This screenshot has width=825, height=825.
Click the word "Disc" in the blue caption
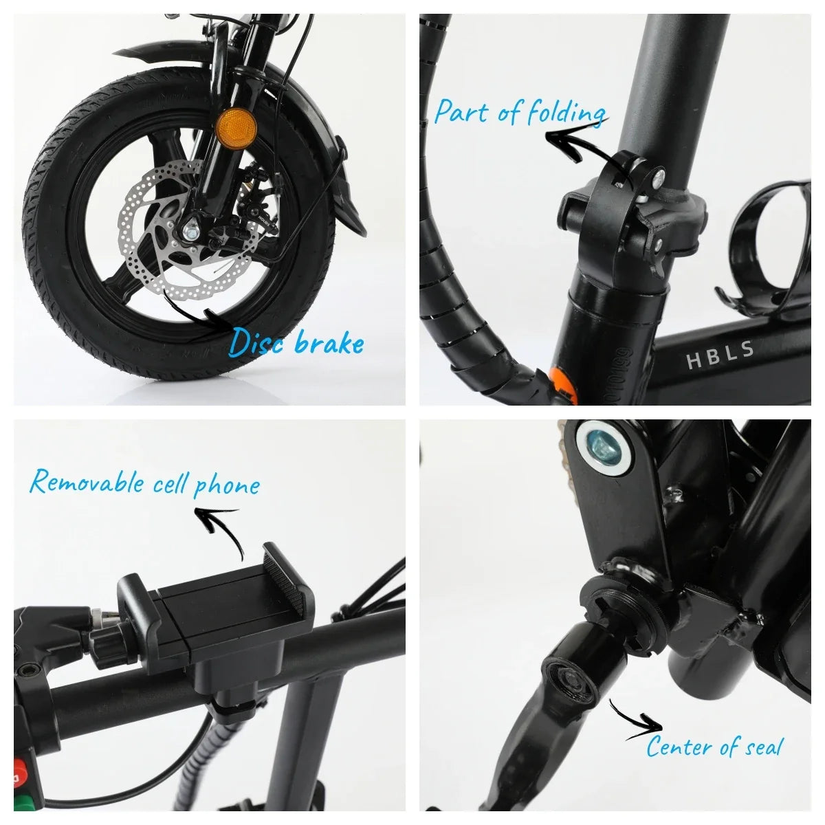pyautogui.click(x=256, y=342)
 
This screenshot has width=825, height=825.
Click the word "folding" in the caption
pyautogui.click(x=562, y=112)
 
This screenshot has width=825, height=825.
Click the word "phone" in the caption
pyautogui.click(x=227, y=485)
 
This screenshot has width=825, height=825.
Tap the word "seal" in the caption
pyautogui.click(x=760, y=745)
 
